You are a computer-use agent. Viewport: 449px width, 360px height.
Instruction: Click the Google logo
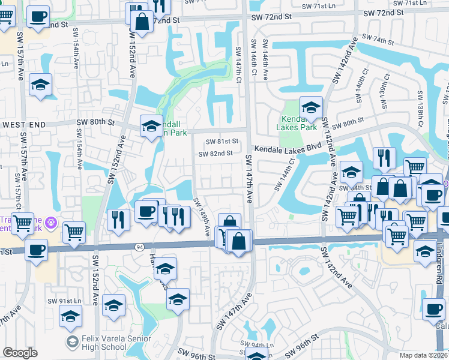[20, 353]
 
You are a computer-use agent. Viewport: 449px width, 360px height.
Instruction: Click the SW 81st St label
[221, 142]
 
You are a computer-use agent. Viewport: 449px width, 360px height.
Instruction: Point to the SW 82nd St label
[215, 154]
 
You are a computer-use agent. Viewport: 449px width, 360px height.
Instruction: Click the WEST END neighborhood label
[25, 123]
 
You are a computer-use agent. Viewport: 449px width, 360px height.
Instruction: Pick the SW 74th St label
[375, 41]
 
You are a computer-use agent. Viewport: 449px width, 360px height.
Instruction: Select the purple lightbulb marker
[52, 223]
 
